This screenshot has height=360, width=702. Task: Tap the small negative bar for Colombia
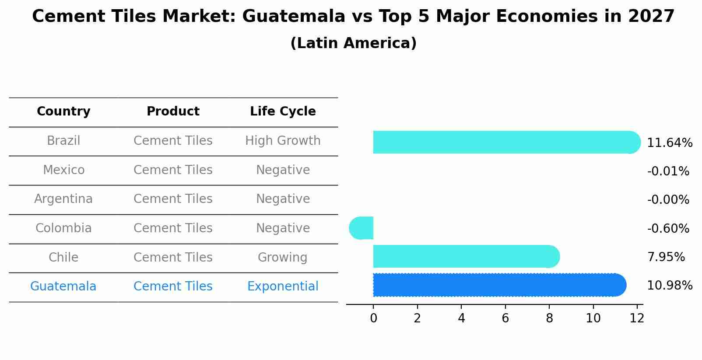tap(362, 228)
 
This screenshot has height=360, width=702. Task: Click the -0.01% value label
tap(668, 171)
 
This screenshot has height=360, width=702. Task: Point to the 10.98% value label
tap(669, 286)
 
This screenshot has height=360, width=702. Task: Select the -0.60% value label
tap(668, 229)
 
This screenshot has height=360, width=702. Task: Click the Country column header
tap(63, 112)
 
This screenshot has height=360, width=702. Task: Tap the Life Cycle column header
tap(283, 112)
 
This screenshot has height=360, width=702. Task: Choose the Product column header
tap(173, 112)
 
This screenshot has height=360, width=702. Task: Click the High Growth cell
tap(283, 141)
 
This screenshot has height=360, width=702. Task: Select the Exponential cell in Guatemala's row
tap(283, 287)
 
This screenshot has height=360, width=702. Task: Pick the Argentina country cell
tap(63, 199)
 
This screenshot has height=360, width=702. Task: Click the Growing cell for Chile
tap(283, 257)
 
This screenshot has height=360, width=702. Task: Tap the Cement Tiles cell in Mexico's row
tap(173, 170)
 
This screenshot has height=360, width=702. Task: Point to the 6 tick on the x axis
tap(505, 318)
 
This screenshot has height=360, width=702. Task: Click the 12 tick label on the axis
tap(637, 318)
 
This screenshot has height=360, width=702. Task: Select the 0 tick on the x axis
tap(373, 318)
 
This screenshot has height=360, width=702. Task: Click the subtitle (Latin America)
tap(353, 43)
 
